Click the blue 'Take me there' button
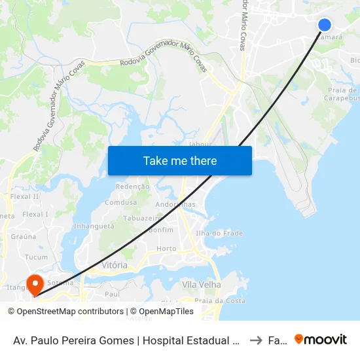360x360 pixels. click(x=180, y=160)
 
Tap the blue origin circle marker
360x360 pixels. click(x=325, y=25)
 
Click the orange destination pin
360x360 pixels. click(x=34, y=284)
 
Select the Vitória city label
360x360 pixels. click(x=115, y=265)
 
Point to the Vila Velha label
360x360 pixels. click(x=202, y=285)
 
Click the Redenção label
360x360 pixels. click(x=132, y=187)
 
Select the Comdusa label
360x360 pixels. click(x=120, y=203)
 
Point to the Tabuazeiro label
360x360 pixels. click(x=142, y=219)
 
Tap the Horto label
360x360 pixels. click(x=167, y=249)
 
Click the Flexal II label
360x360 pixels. click(x=26, y=196)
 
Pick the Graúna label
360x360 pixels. click(x=23, y=238)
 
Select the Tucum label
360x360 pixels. click(x=36, y=257)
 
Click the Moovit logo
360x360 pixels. click(x=321, y=340)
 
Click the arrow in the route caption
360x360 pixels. click(x=256, y=340)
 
